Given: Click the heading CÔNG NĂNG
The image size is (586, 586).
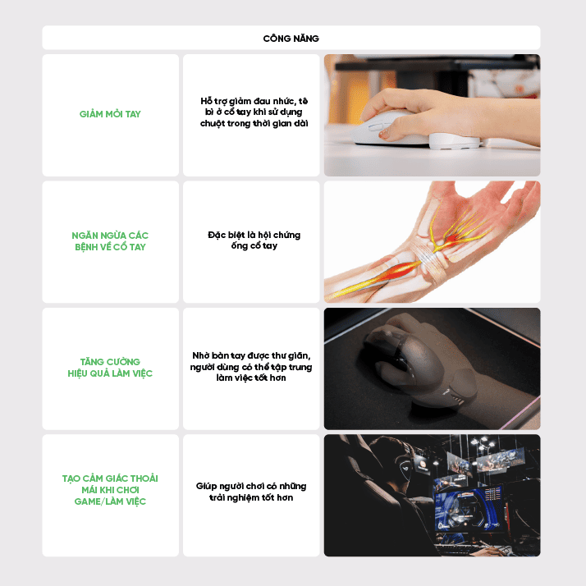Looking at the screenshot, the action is coord(291,38).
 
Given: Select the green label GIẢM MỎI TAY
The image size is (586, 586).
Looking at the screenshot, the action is coord(110,114).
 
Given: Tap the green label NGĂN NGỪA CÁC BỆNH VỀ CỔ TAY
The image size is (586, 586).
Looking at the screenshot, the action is coord(110,241).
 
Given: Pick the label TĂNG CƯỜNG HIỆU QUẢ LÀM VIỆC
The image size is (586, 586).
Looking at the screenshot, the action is coord(110,368).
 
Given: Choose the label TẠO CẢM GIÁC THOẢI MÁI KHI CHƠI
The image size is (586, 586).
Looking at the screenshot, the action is coord(110,484).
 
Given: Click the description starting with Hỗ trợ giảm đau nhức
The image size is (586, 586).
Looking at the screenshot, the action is coord(254,112).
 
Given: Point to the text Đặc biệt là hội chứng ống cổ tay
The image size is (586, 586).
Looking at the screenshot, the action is coord(254,240).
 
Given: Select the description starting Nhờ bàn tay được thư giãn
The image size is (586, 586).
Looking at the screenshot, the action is coord(251,367).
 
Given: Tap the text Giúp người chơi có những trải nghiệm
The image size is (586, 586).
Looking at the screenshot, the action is coord(251,492).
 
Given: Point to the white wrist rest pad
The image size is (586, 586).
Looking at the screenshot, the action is coord(454,141).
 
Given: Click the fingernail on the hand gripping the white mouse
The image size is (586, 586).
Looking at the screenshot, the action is coord(383,134).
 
